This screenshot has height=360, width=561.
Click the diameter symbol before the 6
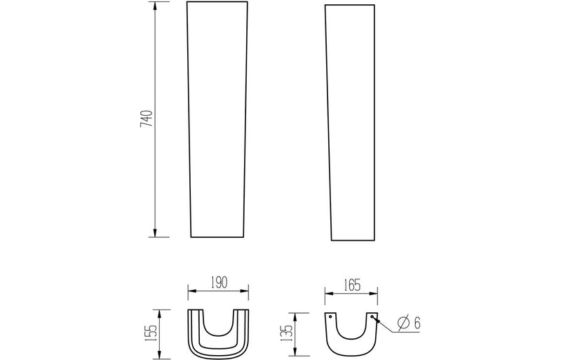(x=403, y=324)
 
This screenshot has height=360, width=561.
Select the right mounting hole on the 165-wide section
(x=372, y=316)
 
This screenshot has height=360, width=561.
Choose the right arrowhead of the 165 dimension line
(x=375, y=291)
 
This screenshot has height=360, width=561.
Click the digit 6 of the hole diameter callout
(x=417, y=324)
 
